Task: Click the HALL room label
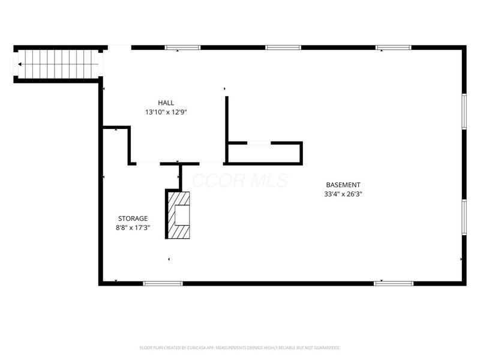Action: click(166, 103)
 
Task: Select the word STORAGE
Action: click(133, 218)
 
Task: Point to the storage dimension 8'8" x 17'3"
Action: click(133, 227)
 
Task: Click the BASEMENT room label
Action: click(343, 185)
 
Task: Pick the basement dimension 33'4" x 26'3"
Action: click(343, 194)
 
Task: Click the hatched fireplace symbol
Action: click(178, 214)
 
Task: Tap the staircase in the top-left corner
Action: click(59, 64)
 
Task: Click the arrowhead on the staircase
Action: click(21, 64)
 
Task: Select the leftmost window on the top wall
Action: click(183, 47)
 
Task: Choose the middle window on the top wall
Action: click(283, 47)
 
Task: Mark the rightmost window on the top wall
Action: click(394, 47)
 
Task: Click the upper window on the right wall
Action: click(464, 110)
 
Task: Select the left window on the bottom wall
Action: click(163, 283)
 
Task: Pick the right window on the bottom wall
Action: click(394, 283)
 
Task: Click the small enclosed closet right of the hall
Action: click(264, 154)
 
